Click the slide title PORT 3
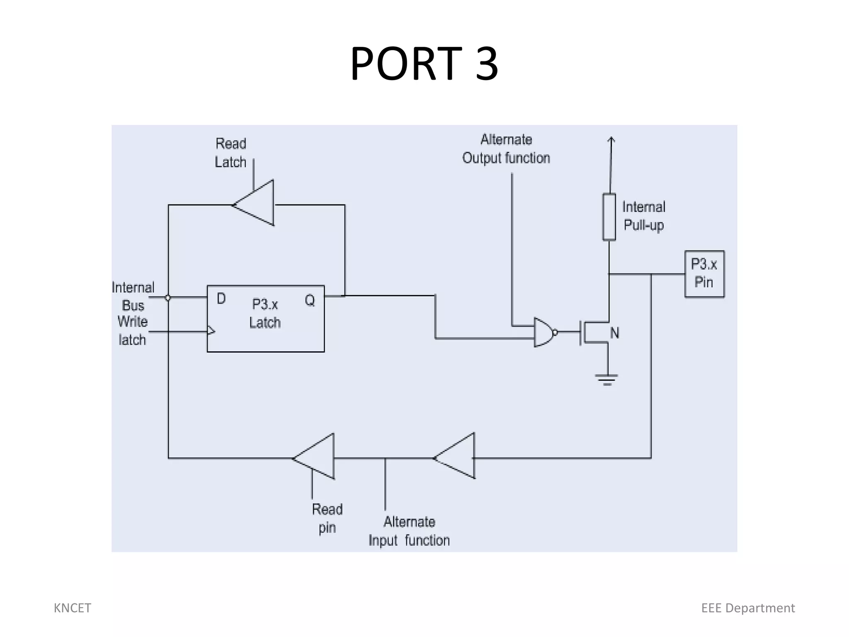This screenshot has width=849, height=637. (424, 64)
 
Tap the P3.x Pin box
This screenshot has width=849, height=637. (704, 274)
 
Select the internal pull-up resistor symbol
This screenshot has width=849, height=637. (609, 216)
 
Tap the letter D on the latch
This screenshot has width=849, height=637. (221, 299)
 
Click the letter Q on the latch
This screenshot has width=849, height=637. (310, 300)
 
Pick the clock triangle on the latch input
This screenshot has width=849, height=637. (211, 331)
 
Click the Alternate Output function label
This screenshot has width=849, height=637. (506, 149)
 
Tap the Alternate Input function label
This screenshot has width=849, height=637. (409, 531)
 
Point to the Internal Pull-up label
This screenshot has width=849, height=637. (643, 216)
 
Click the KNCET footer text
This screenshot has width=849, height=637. (72, 608)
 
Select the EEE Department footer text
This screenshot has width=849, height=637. (748, 608)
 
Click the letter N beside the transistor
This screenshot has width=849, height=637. (614, 333)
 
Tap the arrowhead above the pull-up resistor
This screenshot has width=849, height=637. (611, 141)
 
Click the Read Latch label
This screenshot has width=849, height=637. (231, 153)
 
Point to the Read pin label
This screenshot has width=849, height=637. (327, 518)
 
